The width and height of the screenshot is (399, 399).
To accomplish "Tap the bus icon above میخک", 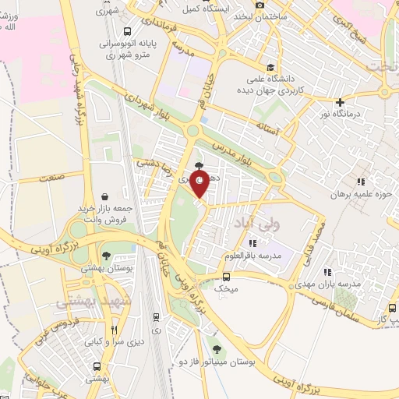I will [x=226, y=277].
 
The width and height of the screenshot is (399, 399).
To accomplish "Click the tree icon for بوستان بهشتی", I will [x=106, y=256].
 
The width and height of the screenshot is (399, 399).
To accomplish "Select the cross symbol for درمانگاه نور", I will [x=339, y=102].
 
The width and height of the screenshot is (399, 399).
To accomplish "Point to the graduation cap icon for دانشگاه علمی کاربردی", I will [x=270, y=68].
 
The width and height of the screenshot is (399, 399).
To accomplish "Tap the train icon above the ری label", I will [x=157, y=317].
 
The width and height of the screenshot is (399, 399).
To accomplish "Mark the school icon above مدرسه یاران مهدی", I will [x=327, y=272].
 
